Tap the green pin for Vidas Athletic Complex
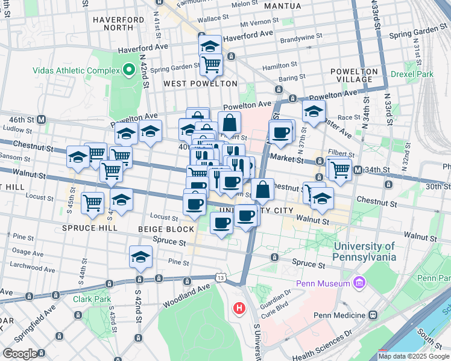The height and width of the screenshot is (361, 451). pyautogui.click(x=128, y=70)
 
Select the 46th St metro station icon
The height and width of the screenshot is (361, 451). pyautogui.click(x=42, y=119)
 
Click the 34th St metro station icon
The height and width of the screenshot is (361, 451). pyautogui.click(x=358, y=170)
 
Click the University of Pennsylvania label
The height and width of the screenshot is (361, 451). pyautogui.click(x=364, y=251)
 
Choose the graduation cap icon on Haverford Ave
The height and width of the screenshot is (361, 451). pyautogui.click(x=210, y=45)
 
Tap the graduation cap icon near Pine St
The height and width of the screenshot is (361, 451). pyautogui.click(x=140, y=256)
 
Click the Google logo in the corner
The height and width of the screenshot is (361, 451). pyautogui.click(x=20, y=354)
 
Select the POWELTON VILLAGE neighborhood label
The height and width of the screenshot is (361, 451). pyautogui.click(x=354, y=75)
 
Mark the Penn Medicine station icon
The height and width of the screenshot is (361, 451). pyautogui.click(x=373, y=315)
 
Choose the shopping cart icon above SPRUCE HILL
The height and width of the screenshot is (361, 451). pyautogui.click(x=92, y=202)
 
